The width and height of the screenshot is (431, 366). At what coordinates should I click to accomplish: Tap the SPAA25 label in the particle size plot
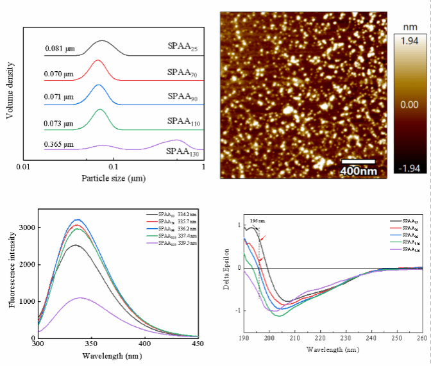182,47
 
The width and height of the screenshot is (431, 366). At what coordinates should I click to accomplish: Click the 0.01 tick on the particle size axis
23,167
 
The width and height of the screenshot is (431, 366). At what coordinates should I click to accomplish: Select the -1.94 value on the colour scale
409,169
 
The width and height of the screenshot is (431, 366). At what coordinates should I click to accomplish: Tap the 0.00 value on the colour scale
409,104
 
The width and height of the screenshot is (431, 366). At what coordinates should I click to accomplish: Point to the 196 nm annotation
257,220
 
